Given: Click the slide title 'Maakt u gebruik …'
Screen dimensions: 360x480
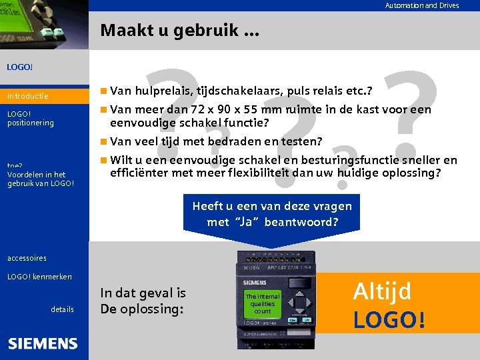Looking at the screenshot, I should click(x=180, y=31).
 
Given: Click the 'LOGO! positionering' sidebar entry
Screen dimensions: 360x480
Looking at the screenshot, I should click(x=30, y=118).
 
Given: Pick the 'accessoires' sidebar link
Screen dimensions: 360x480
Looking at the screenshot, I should click(x=27, y=257).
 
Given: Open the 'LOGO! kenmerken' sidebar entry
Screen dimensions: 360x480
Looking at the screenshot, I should click(x=39, y=276).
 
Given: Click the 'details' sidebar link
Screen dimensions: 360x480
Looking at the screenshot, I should click(x=62, y=309).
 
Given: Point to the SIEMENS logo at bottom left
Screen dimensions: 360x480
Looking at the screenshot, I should click(x=43, y=344).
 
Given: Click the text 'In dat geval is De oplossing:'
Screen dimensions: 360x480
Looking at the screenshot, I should click(x=143, y=301).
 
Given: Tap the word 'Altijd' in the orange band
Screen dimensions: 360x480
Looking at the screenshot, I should click(x=382, y=291).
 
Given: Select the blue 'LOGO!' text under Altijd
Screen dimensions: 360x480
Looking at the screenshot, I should click(x=389, y=319).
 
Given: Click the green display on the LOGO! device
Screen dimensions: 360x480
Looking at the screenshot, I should click(x=263, y=303).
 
